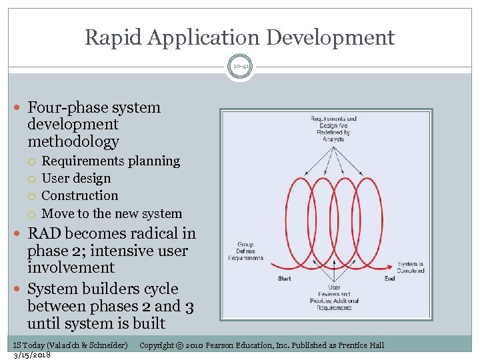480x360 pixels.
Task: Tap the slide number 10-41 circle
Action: tap(239, 67)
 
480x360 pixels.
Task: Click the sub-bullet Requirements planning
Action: tap(111, 161)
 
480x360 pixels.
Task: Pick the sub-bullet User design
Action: tap(76, 179)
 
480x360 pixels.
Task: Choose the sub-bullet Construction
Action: tap(79, 196)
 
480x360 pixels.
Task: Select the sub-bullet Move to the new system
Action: tap(111, 214)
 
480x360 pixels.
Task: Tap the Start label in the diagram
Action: tap(285, 278)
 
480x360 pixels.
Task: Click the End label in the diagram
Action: tap(390, 278)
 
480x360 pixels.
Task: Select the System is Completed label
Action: tap(410, 267)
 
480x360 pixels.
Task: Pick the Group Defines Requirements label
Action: tap(245, 251)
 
